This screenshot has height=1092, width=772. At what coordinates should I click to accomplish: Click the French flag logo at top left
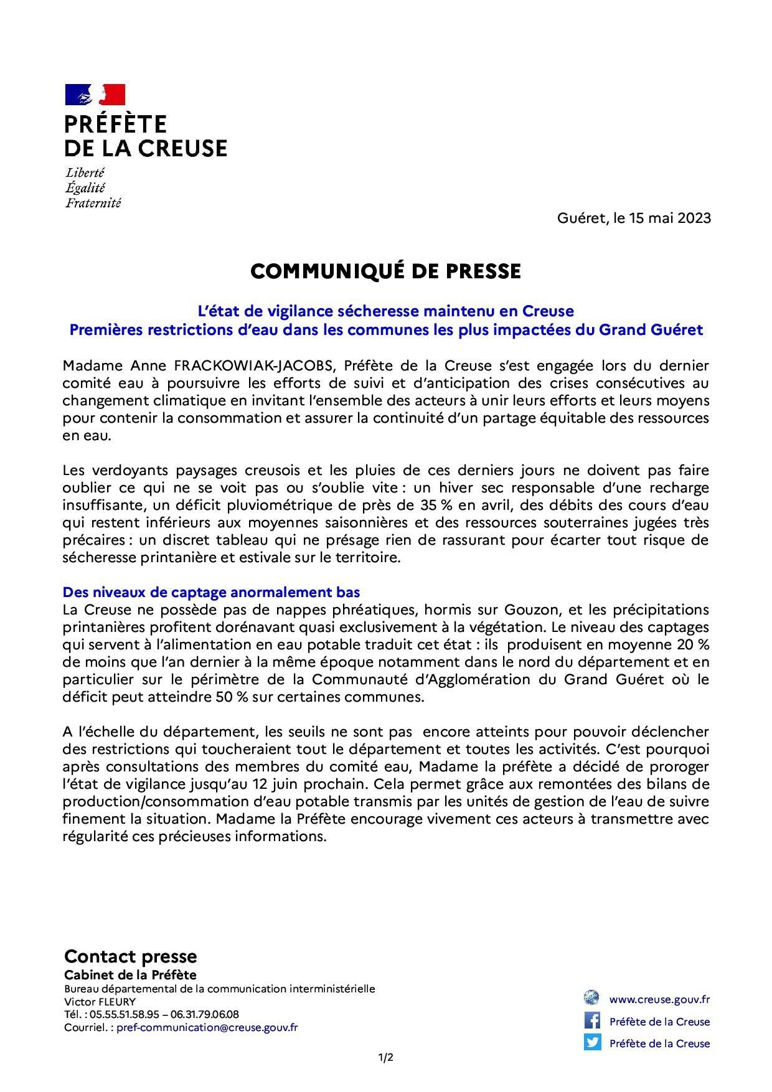[95, 95]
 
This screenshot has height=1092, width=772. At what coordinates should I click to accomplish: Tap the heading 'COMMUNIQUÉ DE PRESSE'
[385, 271]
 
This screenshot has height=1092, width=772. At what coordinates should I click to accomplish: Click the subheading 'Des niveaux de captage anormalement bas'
[211, 592]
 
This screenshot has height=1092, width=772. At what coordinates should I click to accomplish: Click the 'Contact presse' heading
[130, 956]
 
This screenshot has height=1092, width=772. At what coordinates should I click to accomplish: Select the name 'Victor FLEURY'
[100, 1002]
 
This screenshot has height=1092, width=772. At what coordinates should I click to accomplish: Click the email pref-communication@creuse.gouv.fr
[207, 1028]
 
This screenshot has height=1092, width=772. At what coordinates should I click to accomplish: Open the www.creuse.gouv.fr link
[659, 999]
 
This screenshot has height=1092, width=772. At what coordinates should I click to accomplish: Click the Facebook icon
[592, 1021]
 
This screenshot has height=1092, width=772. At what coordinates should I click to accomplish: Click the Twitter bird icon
[592, 1042]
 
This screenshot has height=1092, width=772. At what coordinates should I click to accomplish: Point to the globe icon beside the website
[591, 998]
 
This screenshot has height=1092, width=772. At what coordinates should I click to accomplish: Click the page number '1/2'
[386, 1057]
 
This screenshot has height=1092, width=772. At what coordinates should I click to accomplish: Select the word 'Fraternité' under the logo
[93, 202]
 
